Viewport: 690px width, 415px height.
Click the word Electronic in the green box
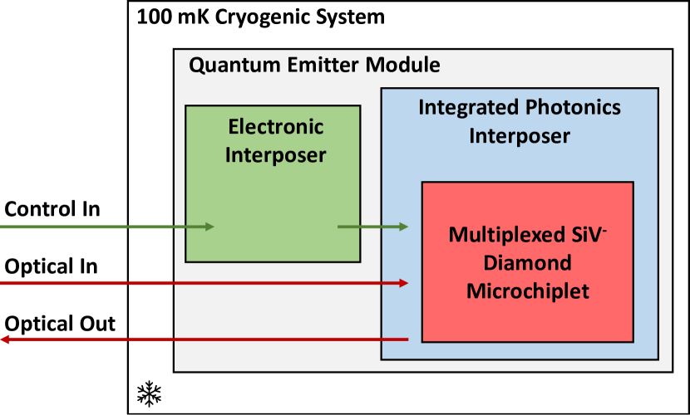click(x=275, y=127)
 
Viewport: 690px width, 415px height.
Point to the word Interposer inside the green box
click(x=275, y=155)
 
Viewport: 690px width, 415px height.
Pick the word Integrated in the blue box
click(x=468, y=108)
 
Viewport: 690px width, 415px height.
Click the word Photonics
click(x=573, y=108)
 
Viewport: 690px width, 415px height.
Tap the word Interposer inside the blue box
click(x=520, y=136)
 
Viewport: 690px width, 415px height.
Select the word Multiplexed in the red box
click(x=500, y=235)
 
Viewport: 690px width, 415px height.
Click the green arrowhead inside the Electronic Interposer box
click(x=209, y=227)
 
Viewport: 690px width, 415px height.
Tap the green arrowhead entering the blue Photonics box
click(x=404, y=227)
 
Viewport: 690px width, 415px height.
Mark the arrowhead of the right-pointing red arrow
click(x=404, y=283)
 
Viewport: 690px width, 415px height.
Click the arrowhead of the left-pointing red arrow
click(x=5, y=339)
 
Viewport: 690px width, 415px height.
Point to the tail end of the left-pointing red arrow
click(x=407, y=339)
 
